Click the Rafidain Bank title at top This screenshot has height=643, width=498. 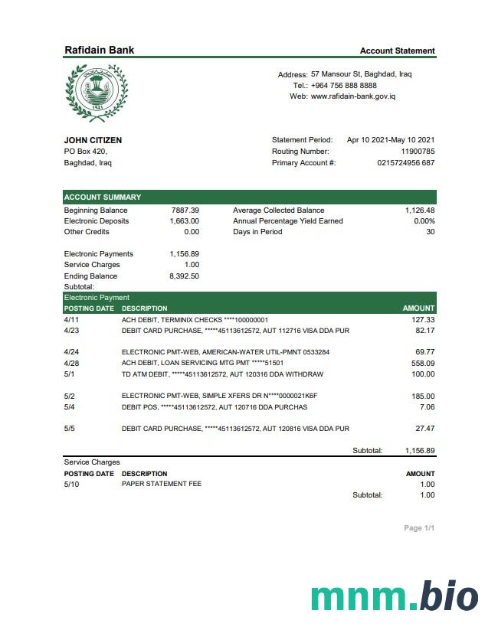click(100, 51)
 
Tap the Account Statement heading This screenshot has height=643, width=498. click(397, 51)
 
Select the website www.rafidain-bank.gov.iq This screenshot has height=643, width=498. click(353, 96)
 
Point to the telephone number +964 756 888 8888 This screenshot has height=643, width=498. click(344, 86)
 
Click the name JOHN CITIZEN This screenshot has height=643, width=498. click(93, 140)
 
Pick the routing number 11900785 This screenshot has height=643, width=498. click(418, 152)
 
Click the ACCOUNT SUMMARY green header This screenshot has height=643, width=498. click(103, 197)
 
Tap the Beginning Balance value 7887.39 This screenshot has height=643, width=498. click(185, 211)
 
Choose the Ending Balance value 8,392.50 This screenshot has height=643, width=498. click(184, 276)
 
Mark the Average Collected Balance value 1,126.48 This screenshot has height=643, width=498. click(420, 211)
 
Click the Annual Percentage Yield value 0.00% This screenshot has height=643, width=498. click(424, 221)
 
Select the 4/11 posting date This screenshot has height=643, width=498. click(71, 320)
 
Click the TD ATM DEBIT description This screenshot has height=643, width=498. click(222, 374)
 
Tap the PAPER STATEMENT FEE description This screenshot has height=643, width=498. click(162, 485)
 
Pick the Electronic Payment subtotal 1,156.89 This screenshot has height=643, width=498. click(420, 451)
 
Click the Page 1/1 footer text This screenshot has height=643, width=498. click(419, 528)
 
